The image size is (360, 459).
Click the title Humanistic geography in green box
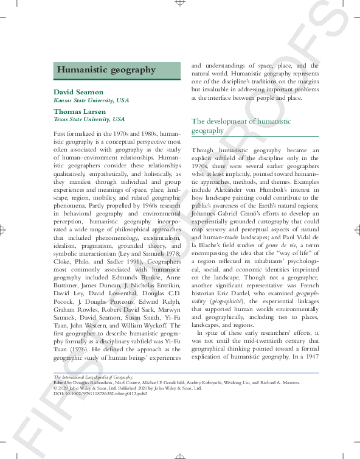click(106, 70)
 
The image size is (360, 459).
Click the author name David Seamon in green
click(78, 93)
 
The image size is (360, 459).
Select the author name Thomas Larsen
click(80, 112)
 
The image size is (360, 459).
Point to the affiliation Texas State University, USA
click(89, 120)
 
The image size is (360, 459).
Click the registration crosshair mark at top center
click(180, 3)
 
